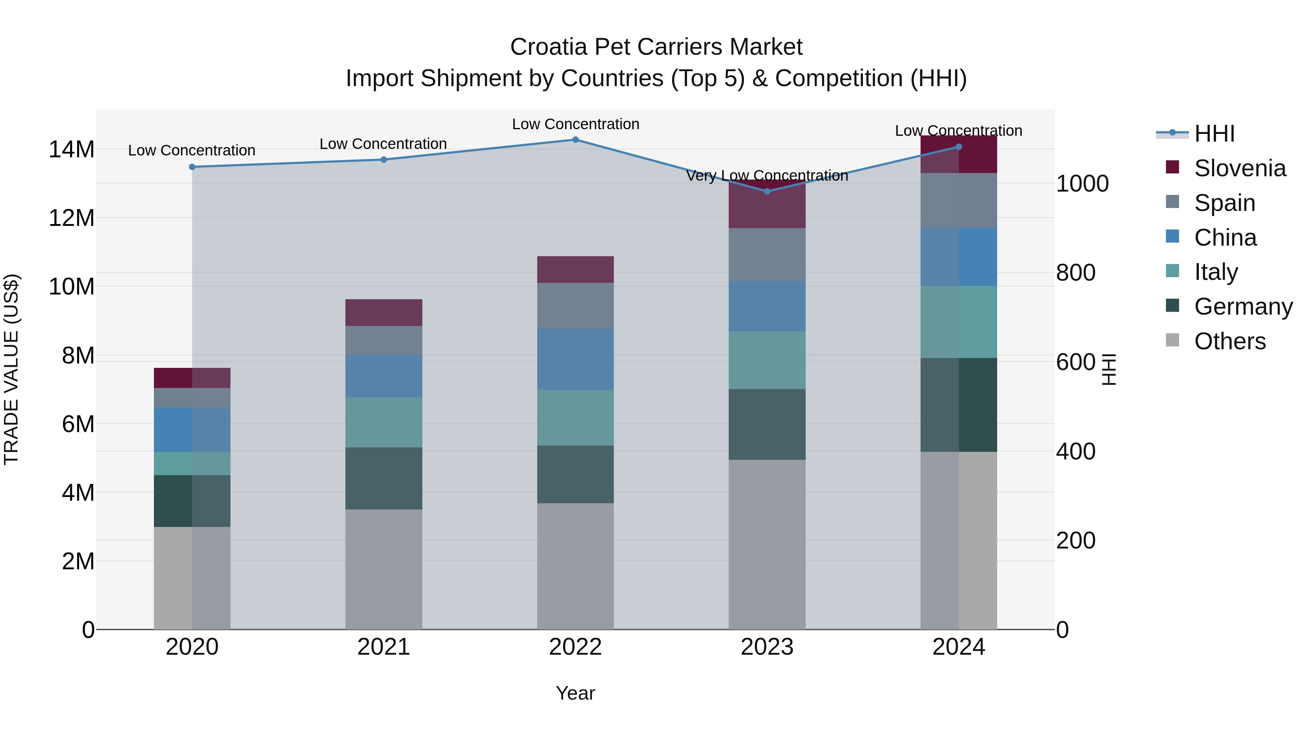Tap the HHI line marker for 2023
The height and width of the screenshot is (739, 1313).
[x=767, y=191]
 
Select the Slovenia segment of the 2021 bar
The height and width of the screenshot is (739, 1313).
[x=383, y=313]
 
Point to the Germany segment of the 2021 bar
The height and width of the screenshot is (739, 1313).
[x=383, y=478]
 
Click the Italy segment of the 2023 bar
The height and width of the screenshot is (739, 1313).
[x=767, y=360]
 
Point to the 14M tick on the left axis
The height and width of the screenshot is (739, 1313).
[x=71, y=149]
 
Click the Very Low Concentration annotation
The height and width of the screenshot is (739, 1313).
[x=767, y=176]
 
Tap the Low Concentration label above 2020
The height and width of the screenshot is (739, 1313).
[x=191, y=150]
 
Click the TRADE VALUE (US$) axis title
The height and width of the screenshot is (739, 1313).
[x=11, y=369]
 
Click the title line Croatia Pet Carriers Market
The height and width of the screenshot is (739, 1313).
[x=656, y=47]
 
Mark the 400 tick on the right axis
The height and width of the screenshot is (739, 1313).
[x=1076, y=451]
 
